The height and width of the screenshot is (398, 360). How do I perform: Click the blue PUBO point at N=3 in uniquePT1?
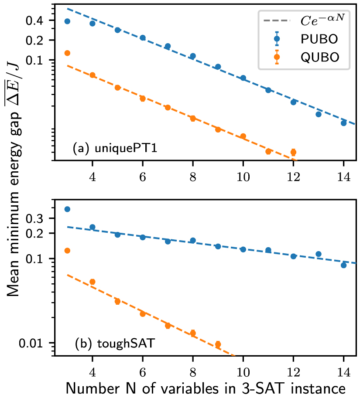point(67,21)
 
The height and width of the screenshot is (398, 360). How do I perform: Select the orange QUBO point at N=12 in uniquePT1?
point(293,152)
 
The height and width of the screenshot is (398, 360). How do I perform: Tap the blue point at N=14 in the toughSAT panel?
point(343,265)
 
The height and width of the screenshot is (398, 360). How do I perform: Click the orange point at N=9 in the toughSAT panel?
point(218,344)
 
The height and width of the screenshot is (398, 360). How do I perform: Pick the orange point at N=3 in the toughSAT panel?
point(67,251)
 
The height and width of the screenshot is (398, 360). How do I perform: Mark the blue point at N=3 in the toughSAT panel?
point(67,209)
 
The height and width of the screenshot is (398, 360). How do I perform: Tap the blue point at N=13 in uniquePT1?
point(319,114)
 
